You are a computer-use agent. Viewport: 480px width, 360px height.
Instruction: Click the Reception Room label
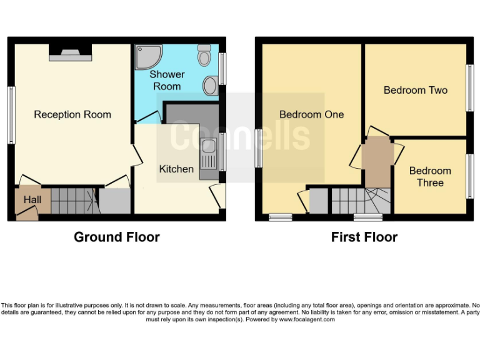point(72,114)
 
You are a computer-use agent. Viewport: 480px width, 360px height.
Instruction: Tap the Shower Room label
point(167,81)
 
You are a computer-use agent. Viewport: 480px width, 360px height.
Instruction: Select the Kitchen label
point(176,169)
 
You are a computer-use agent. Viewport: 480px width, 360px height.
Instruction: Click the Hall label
point(32,199)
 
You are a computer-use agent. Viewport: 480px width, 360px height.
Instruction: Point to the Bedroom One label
point(311,114)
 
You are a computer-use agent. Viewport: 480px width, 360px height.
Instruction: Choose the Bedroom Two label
point(416,90)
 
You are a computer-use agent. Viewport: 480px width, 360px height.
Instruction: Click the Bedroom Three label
point(430,177)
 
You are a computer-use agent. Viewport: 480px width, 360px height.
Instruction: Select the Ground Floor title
point(116,237)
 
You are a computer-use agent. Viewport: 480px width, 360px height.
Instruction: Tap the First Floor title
point(364,237)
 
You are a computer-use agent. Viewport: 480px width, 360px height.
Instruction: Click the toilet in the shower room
point(204,56)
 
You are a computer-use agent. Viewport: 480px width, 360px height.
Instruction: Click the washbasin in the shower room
point(211,86)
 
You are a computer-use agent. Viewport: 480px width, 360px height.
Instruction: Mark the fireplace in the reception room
point(70,54)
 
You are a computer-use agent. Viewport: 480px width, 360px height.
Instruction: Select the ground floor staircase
point(74,200)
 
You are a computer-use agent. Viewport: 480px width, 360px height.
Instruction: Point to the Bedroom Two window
point(470,88)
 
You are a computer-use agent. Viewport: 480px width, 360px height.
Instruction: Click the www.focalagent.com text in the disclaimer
point(307,319)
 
